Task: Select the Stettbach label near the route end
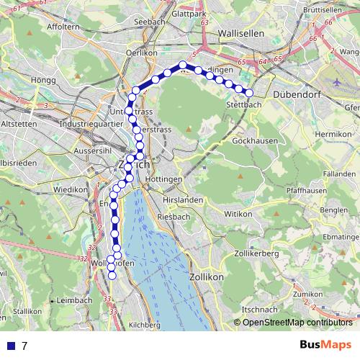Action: click(x=241, y=105)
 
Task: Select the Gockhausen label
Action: click(x=255, y=141)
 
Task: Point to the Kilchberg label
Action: click(x=144, y=325)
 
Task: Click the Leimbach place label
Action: click(x=74, y=300)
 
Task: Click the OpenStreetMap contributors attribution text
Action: click(x=297, y=323)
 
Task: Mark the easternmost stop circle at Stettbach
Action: click(x=250, y=93)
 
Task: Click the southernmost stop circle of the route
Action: click(x=112, y=275)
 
